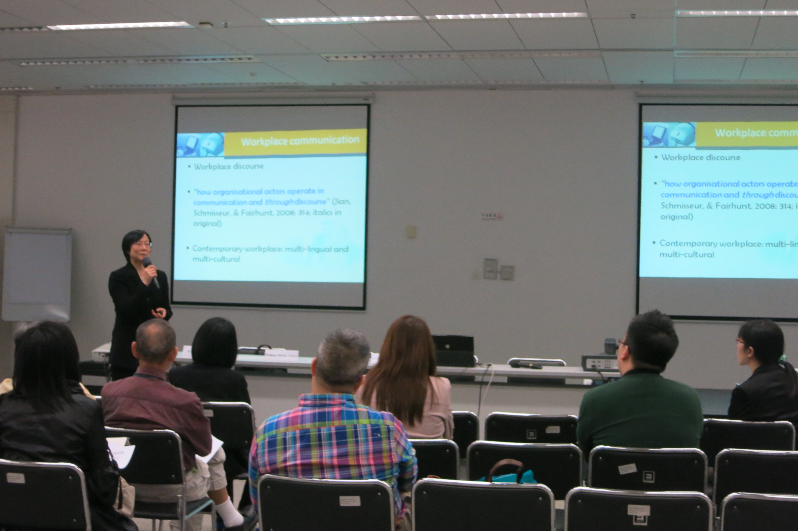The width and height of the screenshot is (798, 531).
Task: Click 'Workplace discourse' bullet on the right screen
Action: tap(700, 157)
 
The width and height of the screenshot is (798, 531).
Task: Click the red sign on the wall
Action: tap(492, 216)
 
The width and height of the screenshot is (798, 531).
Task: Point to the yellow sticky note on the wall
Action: tap(411, 232)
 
